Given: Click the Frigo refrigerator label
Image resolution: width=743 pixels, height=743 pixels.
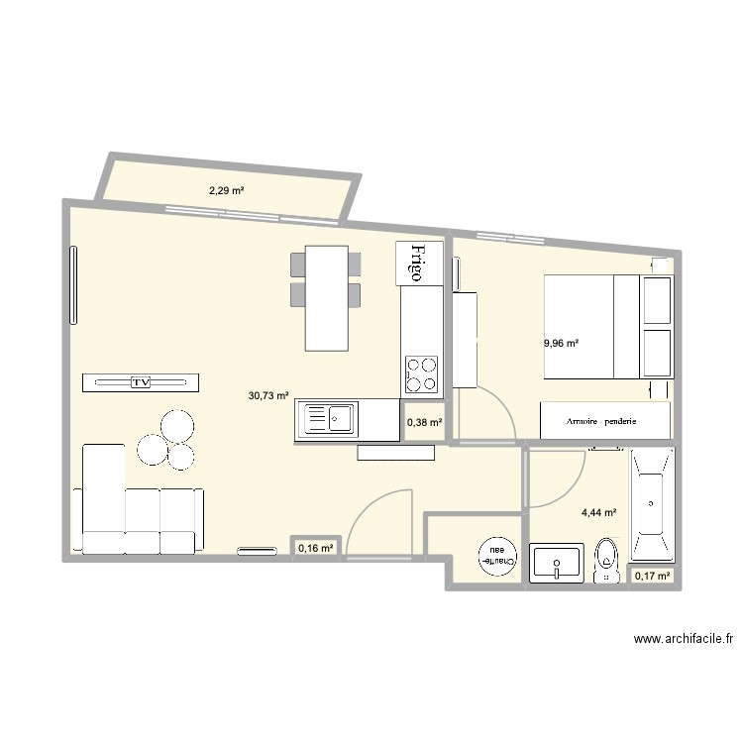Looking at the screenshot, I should pos(417,263).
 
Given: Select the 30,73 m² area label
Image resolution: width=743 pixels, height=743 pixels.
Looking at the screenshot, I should pos(268,395).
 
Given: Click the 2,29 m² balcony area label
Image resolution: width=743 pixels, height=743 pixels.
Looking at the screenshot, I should pos(226,190).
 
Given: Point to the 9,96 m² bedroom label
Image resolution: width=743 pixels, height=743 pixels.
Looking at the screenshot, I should pos(561,344).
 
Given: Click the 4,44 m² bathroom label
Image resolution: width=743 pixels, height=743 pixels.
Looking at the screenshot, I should pos(599,513).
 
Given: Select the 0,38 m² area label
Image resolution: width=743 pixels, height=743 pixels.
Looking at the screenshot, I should pos(424,423).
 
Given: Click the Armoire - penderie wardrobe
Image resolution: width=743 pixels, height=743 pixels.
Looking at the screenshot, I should pos(604,421).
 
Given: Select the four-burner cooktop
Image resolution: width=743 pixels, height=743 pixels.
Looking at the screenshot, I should pos(421,373).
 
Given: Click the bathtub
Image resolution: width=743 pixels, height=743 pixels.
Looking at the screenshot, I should pos(652,504).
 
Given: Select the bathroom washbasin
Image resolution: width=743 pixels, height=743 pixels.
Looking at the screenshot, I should pos(557,563).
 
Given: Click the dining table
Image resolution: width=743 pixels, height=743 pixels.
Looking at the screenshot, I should pos(326,297).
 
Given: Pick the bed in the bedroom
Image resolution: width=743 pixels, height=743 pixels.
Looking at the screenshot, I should pos(590,327).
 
